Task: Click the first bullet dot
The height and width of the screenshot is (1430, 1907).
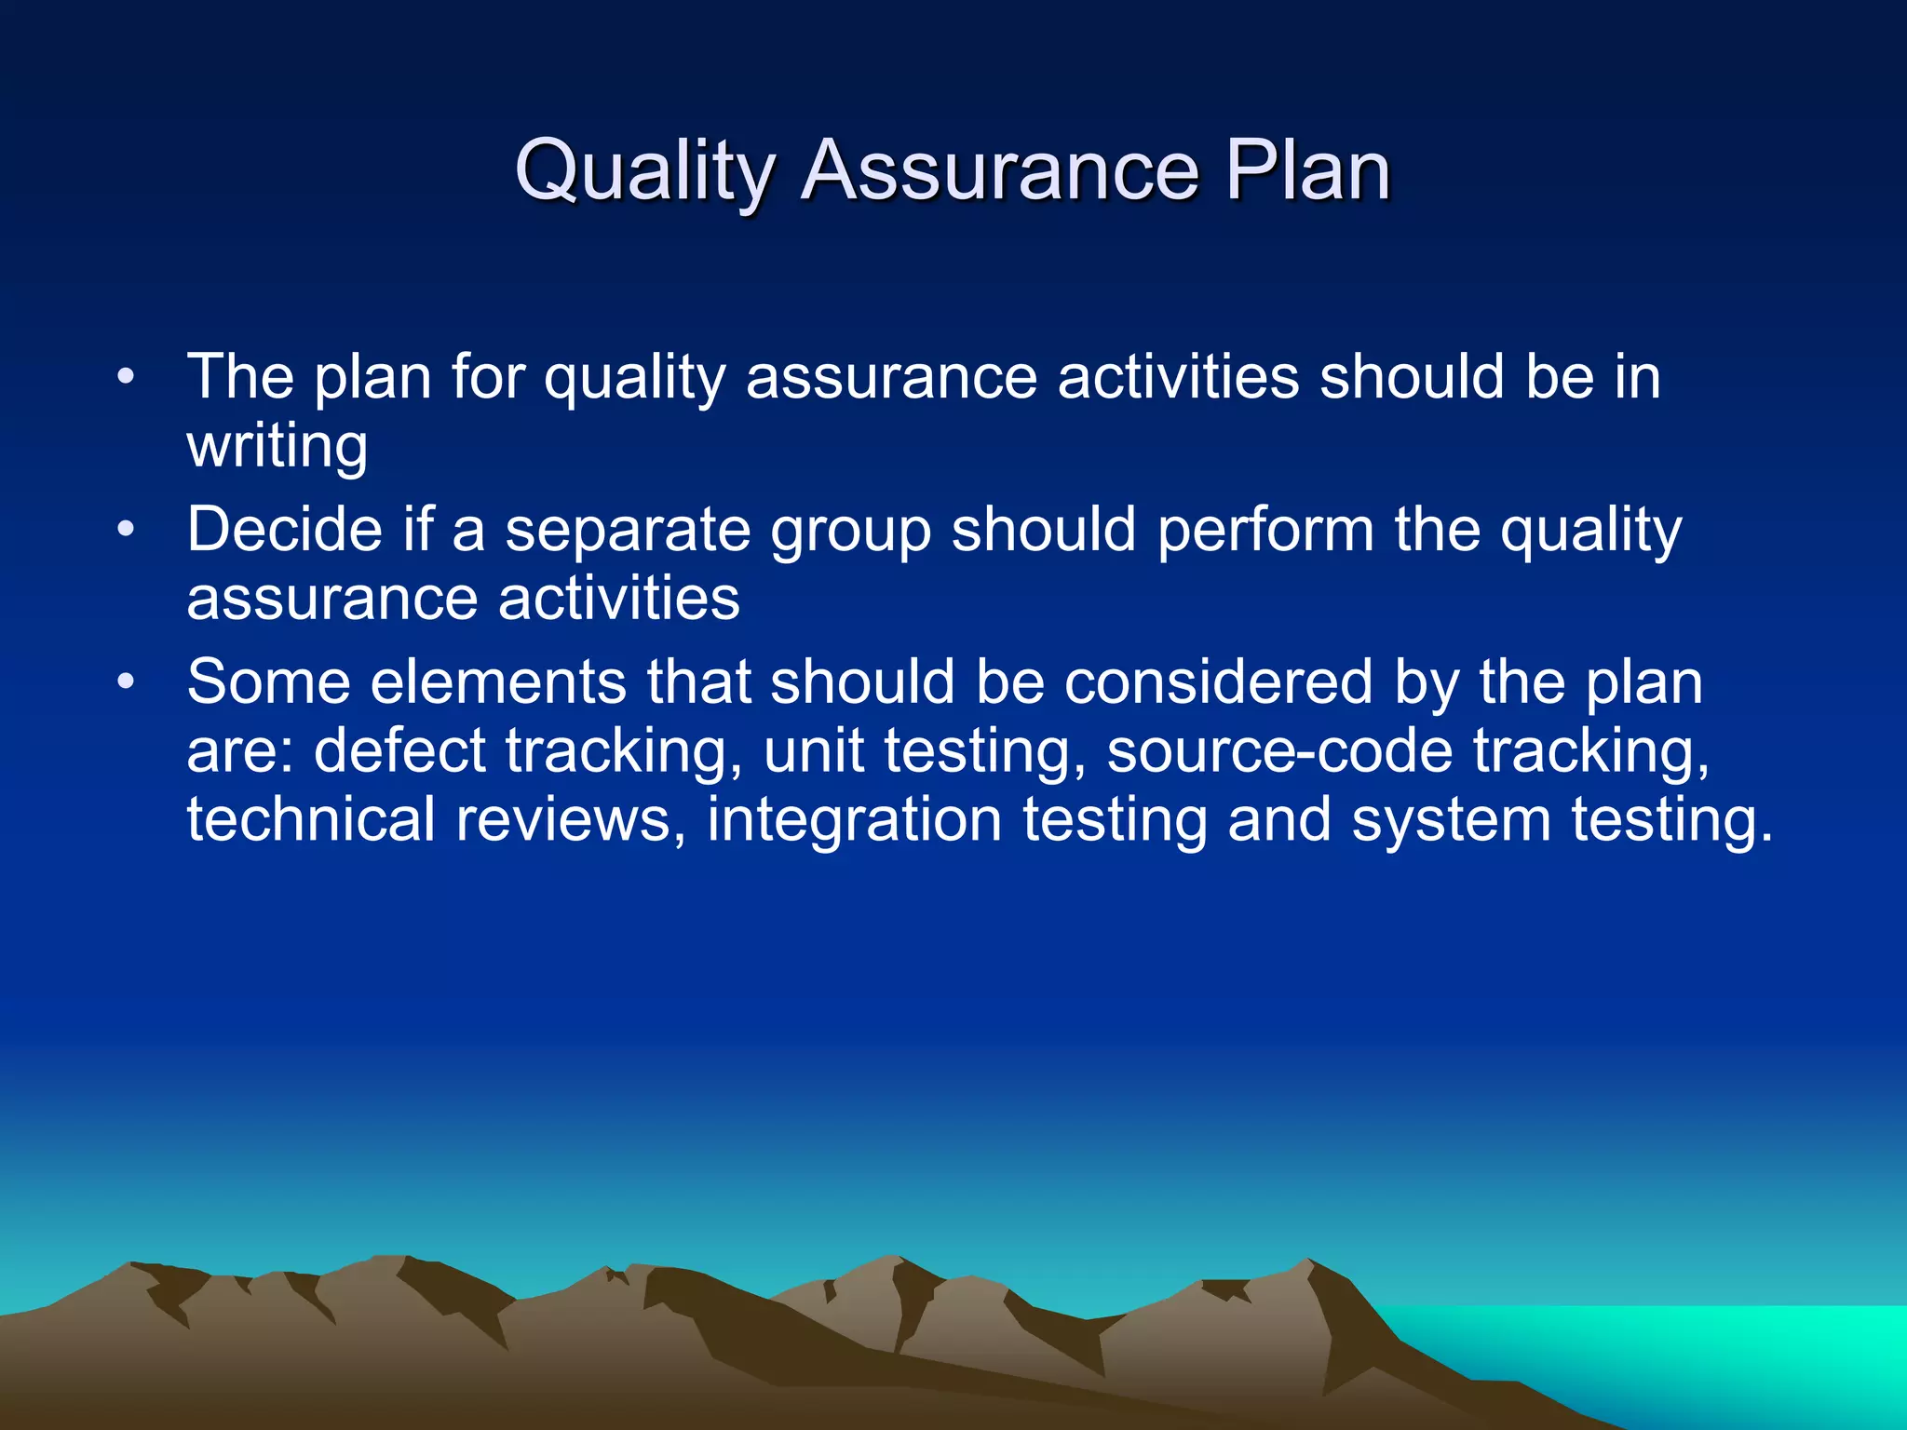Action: click(x=127, y=378)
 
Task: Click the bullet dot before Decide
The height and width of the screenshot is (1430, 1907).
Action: click(x=127, y=531)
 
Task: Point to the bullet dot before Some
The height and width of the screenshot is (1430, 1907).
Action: click(x=127, y=682)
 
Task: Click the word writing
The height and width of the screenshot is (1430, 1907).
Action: click(x=277, y=447)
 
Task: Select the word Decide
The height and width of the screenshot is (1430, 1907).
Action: click(x=284, y=529)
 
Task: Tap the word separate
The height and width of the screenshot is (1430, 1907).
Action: click(x=628, y=531)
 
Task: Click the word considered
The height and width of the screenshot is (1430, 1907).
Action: click(x=1218, y=681)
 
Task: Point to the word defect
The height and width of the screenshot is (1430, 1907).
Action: click(x=400, y=750)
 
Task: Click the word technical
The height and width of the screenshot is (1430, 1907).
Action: click(x=311, y=819)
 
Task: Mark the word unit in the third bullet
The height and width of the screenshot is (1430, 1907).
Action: click(x=813, y=750)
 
